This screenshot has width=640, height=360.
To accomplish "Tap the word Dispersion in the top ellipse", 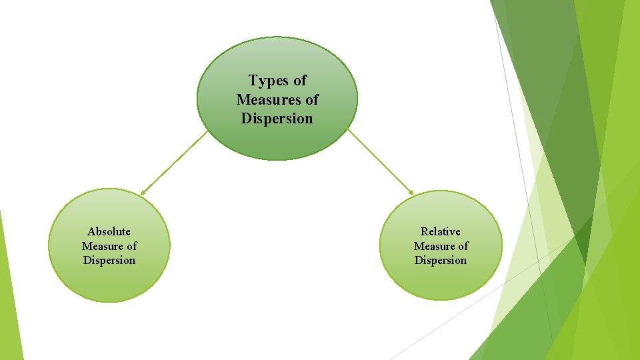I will point(277,119).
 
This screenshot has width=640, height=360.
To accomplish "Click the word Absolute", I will point(109,232).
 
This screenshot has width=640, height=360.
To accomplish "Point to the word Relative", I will point(440,232).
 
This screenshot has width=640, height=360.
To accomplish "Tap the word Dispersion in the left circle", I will point(109,261).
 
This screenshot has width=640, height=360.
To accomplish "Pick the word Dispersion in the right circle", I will point(440,261).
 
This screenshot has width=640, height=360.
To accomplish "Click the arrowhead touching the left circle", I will point(143,193).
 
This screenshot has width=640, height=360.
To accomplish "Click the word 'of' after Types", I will point(299,81).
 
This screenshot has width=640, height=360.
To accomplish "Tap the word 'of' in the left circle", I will point(130,246).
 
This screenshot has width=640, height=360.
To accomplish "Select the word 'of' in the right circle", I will point(461,246).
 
